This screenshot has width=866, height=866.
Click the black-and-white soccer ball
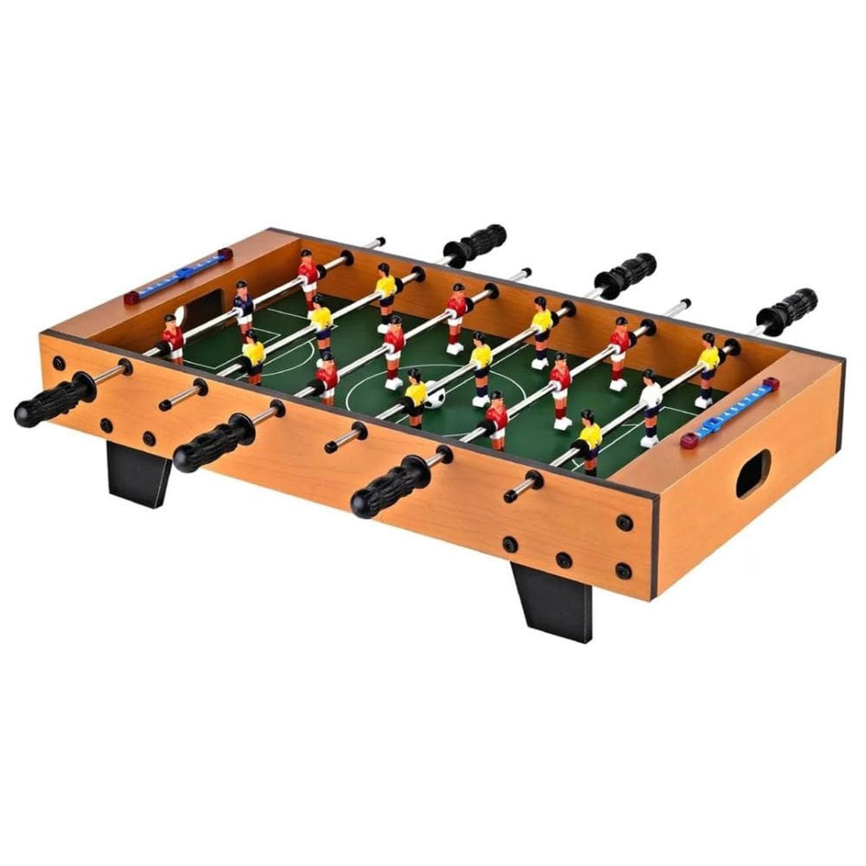pos(435,397)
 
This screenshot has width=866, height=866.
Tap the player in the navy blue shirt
pos(244,304)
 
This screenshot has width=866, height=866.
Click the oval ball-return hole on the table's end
pos(753,473)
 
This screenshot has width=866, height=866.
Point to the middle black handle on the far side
pos(624,275)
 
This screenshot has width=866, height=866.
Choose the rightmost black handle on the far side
pos(786,310)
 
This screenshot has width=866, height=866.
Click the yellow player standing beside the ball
pos(417,394)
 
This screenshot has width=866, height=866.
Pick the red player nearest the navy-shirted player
pos(173,338)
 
